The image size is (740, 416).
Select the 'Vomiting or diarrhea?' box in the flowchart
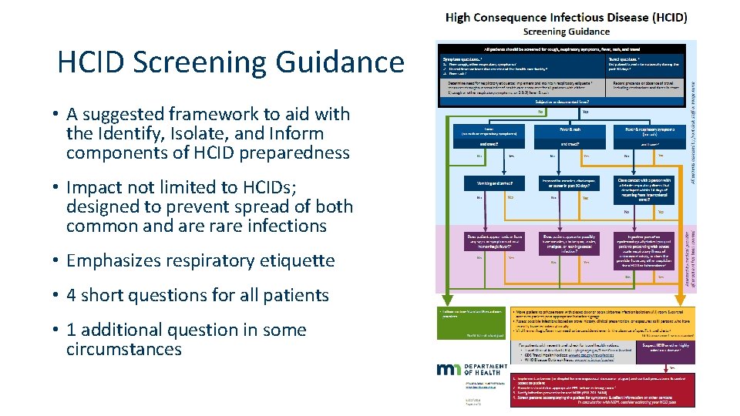click(x=494, y=183)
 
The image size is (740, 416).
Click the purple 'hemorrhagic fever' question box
click(x=494, y=241)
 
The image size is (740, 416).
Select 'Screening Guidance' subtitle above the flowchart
click(x=566, y=32)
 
